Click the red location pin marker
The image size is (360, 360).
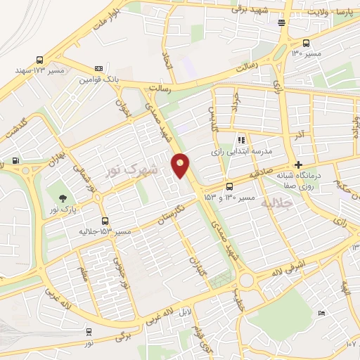[181, 166]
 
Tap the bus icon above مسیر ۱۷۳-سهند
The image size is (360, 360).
[39, 60]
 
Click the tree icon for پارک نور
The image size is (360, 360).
[64, 199]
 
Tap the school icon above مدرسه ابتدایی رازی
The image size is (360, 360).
[242, 141]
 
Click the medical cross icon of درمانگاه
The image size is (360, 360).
[299, 165]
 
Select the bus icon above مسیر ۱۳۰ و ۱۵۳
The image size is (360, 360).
[230, 186]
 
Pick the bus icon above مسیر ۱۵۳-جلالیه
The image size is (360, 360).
[105, 221]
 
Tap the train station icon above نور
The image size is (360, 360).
[89, 331]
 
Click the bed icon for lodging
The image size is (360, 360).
[321, 313]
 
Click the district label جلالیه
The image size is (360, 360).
[275, 203]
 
